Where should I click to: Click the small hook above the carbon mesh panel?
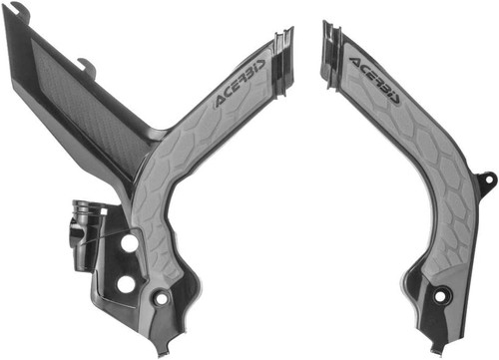pos(88,69)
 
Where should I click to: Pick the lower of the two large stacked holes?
pos(126,284)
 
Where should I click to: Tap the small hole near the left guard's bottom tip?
pos(162,299)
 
